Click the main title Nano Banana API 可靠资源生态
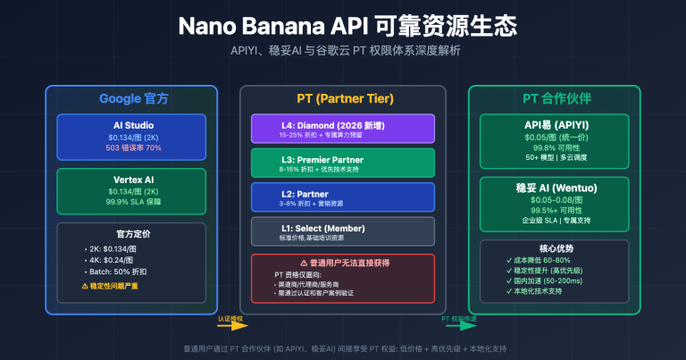pos(342,25)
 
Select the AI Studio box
pos(131,135)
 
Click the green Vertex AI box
pos(131,189)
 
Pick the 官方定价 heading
pos(131,235)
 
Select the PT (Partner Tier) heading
pos(342,98)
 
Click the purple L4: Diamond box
pos(342,129)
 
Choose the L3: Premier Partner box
pos(342,163)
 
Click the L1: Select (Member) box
pos(342,230)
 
